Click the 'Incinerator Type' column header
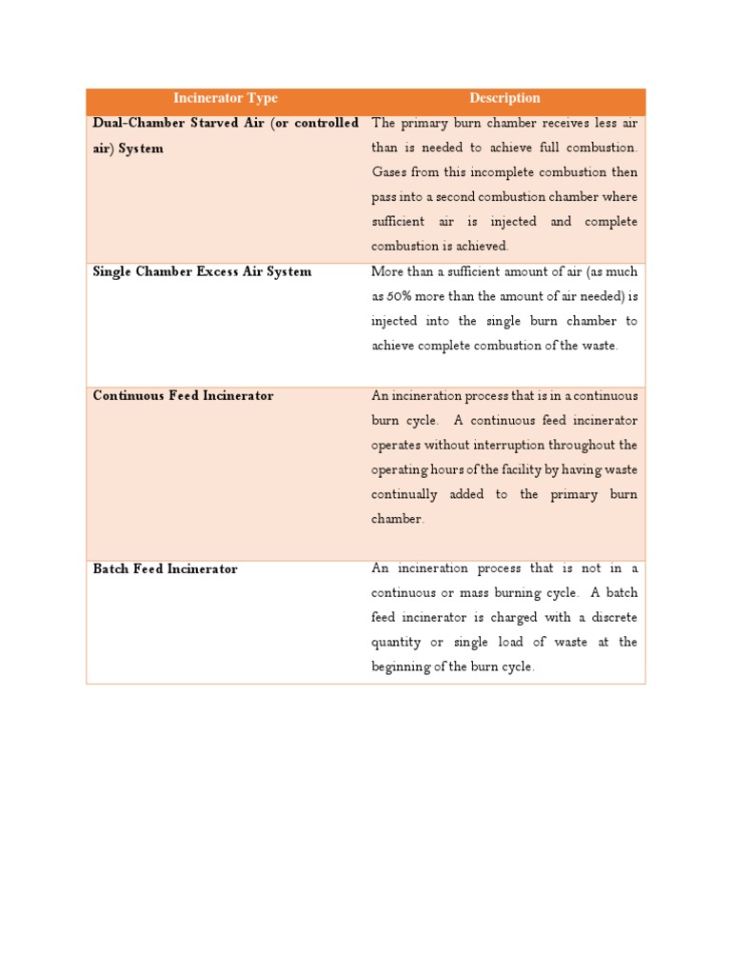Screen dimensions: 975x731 click(x=226, y=99)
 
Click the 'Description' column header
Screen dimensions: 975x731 click(x=504, y=99)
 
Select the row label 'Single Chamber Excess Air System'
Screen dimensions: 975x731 click(x=202, y=272)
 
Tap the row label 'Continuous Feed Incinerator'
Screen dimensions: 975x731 click(x=183, y=396)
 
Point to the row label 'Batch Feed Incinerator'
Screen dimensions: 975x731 click(x=165, y=569)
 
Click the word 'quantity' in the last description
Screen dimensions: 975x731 click(x=395, y=643)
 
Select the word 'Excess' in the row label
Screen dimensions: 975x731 click(x=220, y=272)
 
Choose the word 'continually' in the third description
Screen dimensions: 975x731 click(x=405, y=495)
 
